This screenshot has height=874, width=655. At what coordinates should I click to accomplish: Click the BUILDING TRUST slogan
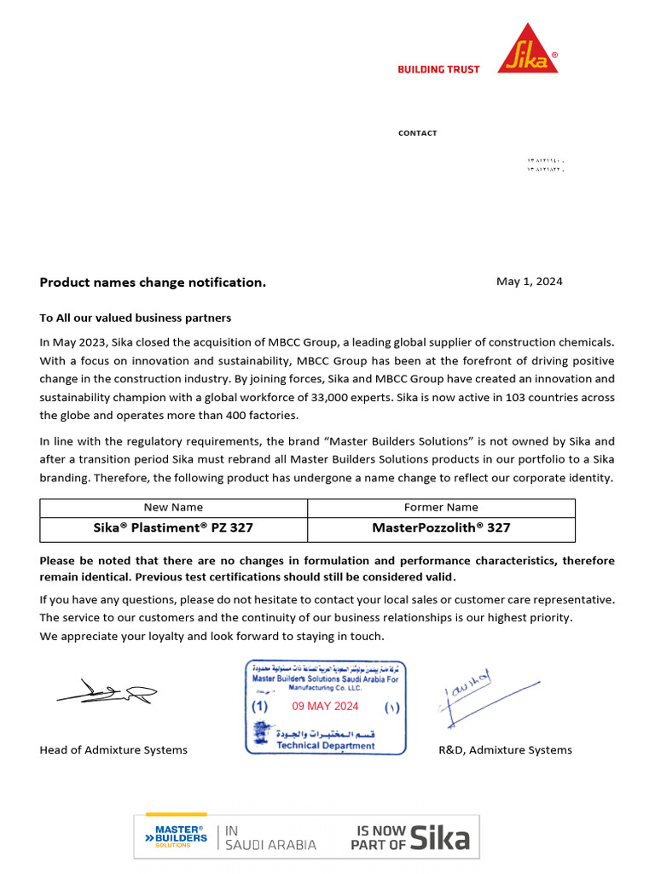(x=438, y=69)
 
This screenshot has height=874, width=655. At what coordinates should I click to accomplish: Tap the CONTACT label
(x=417, y=133)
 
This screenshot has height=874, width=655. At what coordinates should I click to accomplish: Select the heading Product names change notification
(x=153, y=283)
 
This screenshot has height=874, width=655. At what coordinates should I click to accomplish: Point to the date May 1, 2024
(x=529, y=282)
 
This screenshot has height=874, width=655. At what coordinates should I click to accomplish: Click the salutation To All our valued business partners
(x=135, y=318)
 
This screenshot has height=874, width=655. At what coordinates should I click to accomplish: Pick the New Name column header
(x=174, y=507)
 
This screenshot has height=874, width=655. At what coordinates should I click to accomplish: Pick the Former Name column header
(x=441, y=507)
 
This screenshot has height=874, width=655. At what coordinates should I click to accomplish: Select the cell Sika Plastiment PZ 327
(x=173, y=527)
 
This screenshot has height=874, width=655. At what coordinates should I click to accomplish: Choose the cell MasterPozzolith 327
(x=441, y=527)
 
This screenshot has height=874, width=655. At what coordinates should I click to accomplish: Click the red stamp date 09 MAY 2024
(x=325, y=706)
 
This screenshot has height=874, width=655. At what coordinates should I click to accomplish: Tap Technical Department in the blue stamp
(x=325, y=745)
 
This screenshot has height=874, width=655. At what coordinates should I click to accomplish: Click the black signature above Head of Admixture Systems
(x=107, y=691)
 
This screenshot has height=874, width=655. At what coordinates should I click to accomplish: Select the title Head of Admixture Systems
(x=113, y=750)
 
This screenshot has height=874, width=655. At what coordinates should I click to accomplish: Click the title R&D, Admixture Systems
(x=505, y=750)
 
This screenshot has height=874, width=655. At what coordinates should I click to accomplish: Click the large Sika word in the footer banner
(x=439, y=838)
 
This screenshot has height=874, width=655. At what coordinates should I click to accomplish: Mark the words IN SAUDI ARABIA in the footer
(x=270, y=838)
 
